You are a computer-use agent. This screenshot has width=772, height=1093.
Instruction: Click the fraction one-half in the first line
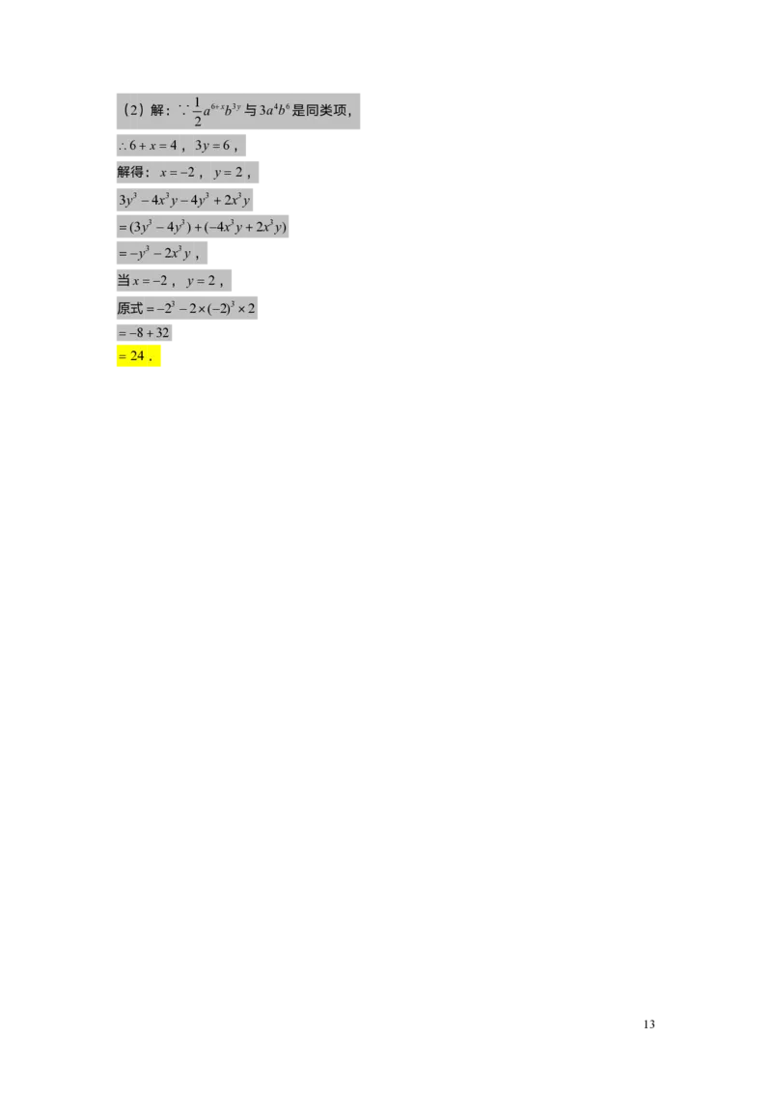(197, 112)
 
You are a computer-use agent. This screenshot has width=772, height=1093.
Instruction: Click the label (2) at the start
(134, 111)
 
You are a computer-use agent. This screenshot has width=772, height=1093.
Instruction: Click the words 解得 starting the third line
(129, 173)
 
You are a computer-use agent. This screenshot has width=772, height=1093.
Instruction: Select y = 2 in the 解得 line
(229, 173)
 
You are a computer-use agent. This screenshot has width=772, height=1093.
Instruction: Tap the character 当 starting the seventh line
(124, 281)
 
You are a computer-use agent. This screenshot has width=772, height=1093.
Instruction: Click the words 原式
(129, 308)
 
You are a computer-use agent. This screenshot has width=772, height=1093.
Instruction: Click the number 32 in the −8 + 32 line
(161, 334)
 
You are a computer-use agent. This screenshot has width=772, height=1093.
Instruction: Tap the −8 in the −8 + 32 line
(136, 334)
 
